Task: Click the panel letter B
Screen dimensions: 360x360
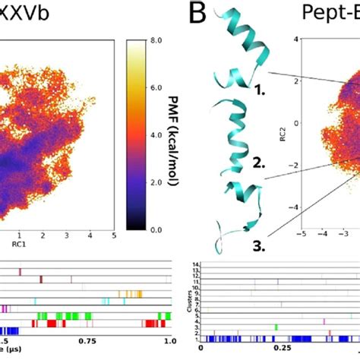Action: tap(199, 13)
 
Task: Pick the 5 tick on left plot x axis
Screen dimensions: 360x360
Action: tap(113, 236)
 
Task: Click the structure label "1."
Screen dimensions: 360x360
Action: tap(259, 89)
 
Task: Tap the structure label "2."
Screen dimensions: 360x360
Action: tap(259, 162)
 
